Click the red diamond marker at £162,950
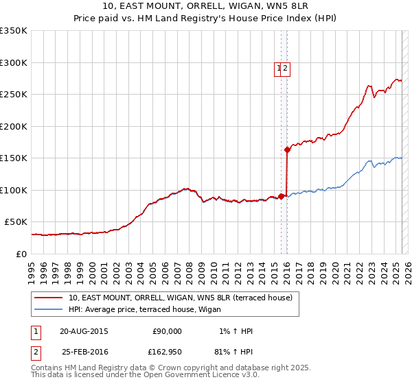(287, 149)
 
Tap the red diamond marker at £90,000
(282, 196)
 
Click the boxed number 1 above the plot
(279, 68)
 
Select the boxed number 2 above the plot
(286, 68)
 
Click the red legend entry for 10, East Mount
(181, 298)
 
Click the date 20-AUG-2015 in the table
(84, 331)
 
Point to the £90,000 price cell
(167, 331)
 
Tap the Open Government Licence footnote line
(145, 375)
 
